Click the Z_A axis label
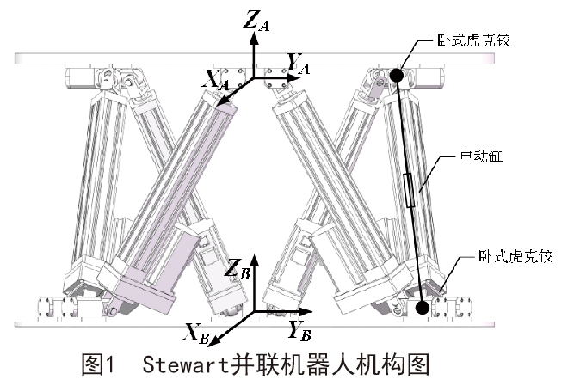tap(256, 20)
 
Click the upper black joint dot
tap(396, 76)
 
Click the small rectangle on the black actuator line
tap(410, 189)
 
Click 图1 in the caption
tap(97, 365)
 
